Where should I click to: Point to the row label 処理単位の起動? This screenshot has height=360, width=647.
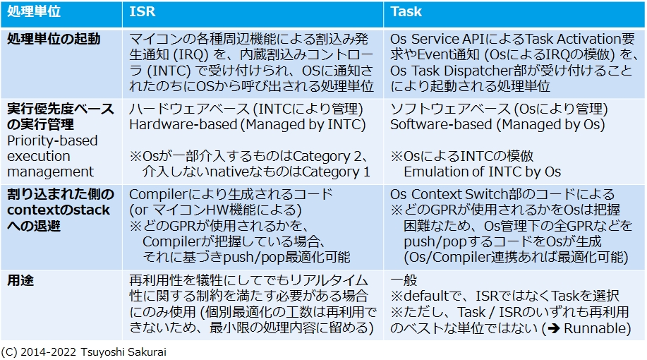click(x=54, y=40)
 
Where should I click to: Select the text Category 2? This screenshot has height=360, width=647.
click(x=332, y=156)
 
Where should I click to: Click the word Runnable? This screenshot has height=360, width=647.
click(x=598, y=328)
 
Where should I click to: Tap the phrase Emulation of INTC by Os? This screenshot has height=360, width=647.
click(x=483, y=172)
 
